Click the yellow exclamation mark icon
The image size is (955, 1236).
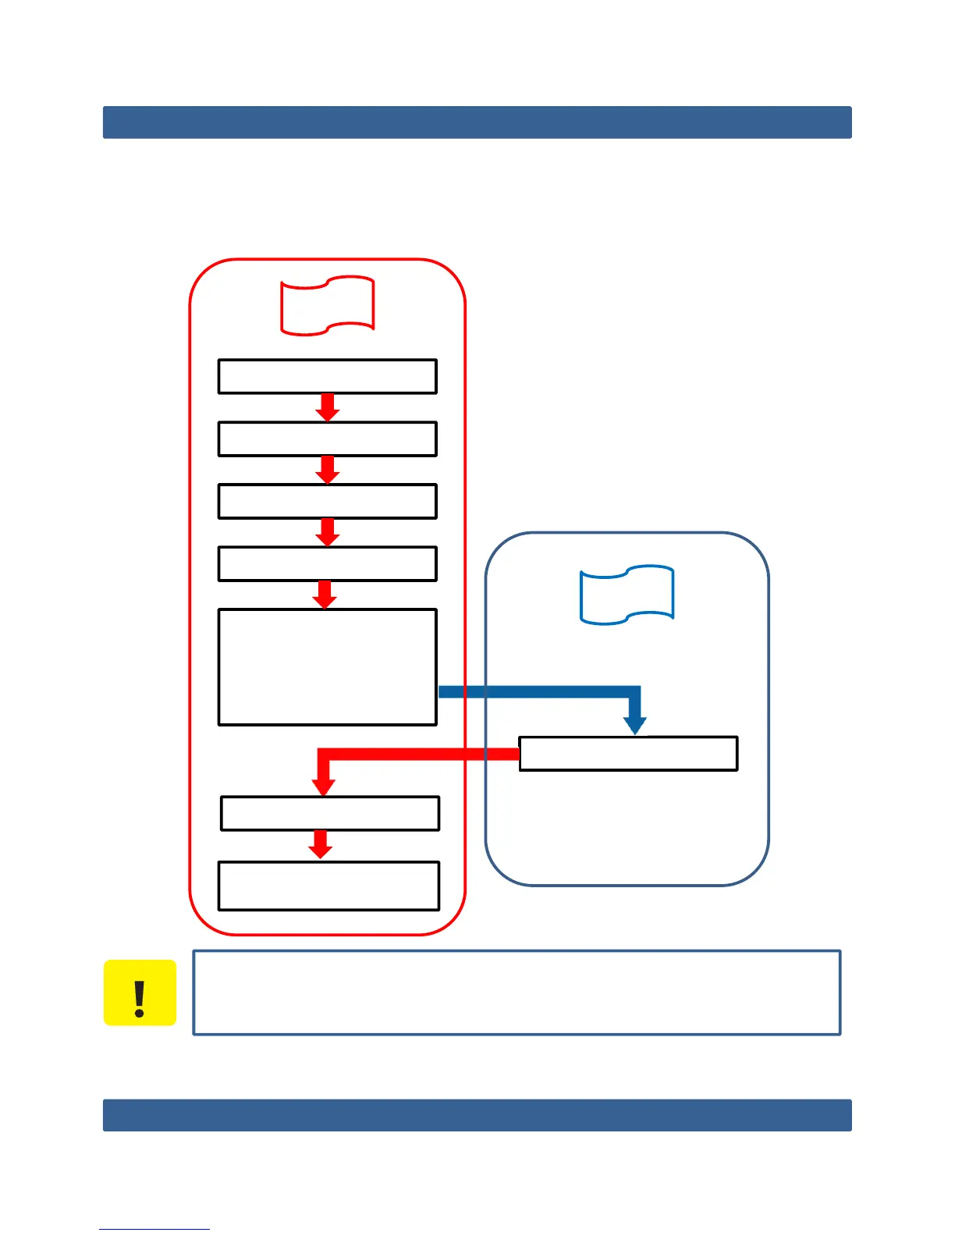(x=140, y=993)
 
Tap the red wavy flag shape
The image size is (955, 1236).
(x=328, y=305)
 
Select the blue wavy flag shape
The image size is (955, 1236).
(x=627, y=595)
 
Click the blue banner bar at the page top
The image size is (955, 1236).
(x=477, y=123)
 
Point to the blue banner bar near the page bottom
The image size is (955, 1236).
(x=477, y=1115)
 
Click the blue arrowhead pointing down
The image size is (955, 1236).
(x=635, y=724)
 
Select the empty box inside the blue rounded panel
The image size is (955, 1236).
(x=628, y=754)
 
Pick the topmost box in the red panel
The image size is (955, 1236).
(x=327, y=376)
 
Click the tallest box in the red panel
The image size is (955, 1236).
(x=327, y=667)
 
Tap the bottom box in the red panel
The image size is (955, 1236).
(x=328, y=886)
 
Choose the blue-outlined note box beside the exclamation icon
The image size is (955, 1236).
(x=517, y=993)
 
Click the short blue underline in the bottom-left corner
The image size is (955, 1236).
(x=154, y=1229)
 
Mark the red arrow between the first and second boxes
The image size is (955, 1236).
(x=328, y=407)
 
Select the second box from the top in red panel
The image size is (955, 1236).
(x=327, y=439)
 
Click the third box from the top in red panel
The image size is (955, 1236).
(x=327, y=501)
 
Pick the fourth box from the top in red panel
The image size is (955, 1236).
(x=327, y=563)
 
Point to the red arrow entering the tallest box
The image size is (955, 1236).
(x=325, y=595)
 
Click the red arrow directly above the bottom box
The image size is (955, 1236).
(x=320, y=845)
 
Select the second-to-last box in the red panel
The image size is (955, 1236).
(x=330, y=813)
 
